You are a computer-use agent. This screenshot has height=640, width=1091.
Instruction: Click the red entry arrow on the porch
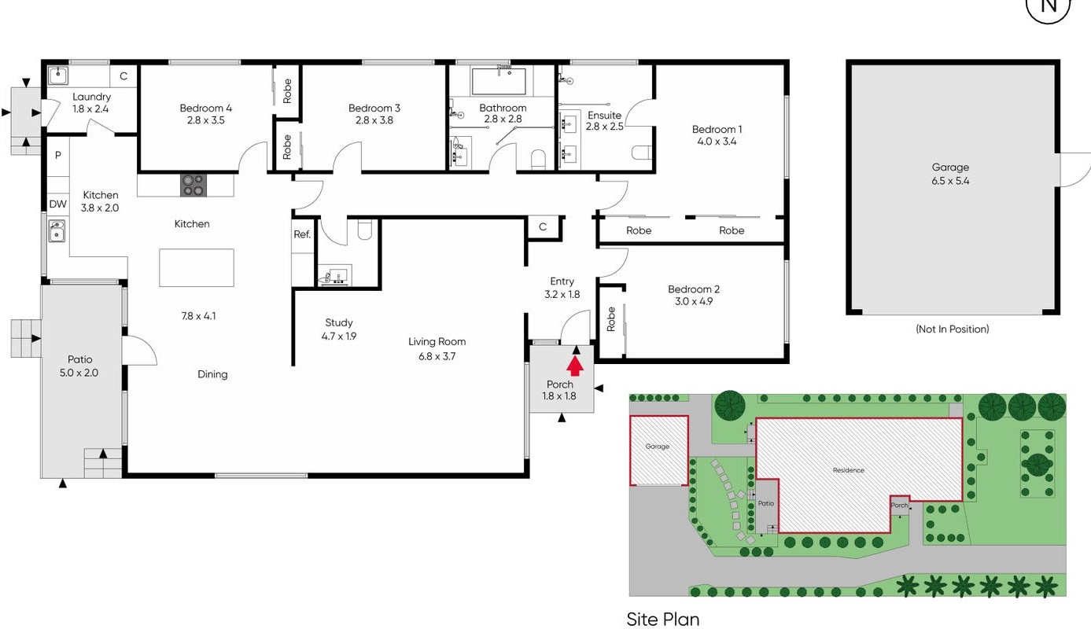pos(575,366)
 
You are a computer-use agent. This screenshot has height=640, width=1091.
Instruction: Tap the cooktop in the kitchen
pos(193,186)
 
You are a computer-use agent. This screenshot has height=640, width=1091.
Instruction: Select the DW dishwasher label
pos(58,204)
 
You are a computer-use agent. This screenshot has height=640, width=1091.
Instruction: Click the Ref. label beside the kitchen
pos(302,234)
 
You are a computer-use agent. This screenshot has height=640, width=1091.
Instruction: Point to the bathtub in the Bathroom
pos(499,81)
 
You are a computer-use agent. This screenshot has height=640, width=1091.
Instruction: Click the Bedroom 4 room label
pos(205,108)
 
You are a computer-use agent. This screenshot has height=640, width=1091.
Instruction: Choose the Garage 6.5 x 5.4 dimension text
pos(950,181)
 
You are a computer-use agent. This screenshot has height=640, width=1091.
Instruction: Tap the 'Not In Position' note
pos(953,329)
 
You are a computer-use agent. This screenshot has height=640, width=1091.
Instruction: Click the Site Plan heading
pos(663,620)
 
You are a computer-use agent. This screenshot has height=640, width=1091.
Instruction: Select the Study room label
pos(339,322)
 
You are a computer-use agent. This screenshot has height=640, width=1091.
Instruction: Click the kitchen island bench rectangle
pos(197,267)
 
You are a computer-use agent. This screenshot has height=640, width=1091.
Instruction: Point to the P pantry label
pos(58,155)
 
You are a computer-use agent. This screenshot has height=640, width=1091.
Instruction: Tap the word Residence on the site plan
pos(849,470)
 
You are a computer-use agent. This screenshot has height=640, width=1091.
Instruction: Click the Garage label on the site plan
pos(657,447)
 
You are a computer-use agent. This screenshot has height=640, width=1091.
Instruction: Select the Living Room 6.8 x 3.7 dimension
pos(437,356)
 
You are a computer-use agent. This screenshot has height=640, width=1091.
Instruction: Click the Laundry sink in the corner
pos(58,75)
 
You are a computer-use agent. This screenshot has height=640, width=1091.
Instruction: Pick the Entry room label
pos(562,281)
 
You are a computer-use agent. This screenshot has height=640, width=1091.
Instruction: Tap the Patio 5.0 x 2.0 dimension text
pos(79,373)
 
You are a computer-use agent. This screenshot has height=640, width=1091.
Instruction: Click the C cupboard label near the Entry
pos(543,226)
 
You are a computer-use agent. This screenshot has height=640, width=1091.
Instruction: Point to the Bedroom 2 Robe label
pos(610,318)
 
